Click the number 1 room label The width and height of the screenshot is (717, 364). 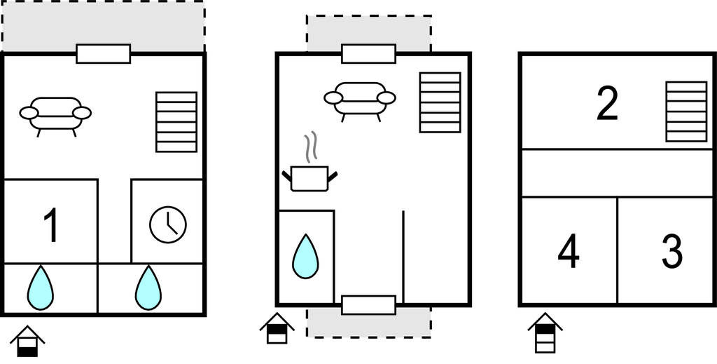[x=52, y=225]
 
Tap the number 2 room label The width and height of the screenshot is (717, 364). [x=607, y=104]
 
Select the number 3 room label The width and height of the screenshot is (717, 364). [x=672, y=251]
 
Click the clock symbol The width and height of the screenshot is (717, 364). [x=168, y=225]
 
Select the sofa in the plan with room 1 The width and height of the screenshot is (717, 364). [x=55, y=116]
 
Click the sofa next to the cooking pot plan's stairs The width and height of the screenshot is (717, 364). [x=360, y=102]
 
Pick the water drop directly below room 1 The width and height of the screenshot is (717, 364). [x=40, y=288]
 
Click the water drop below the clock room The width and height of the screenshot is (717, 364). [x=148, y=288]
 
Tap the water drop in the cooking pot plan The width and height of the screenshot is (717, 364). [x=305, y=257]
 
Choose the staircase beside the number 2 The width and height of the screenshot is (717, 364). [x=686, y=112]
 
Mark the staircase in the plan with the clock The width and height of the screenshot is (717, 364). [x=176, y=122]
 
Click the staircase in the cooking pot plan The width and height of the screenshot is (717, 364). [x=440, y=102]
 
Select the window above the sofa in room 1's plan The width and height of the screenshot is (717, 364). [x=104, y=53]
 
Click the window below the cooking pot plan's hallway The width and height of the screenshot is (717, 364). [x=368, y=305]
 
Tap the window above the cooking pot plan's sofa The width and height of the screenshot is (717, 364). [x=368, y=53]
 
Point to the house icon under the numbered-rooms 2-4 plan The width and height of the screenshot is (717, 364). [x=545, y=333]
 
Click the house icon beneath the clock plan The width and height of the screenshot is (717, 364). [x=27, y=341]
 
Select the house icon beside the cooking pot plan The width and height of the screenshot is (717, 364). [x=277, y=328]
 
